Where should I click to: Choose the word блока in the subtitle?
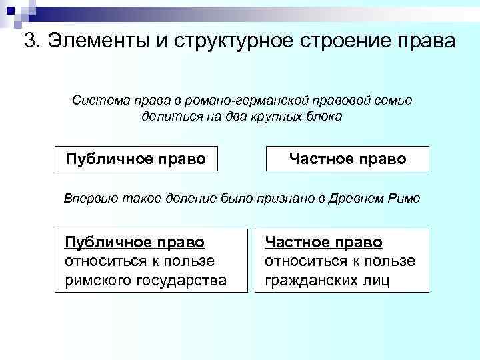coord(322,116)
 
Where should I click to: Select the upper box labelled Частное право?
coord(347,159)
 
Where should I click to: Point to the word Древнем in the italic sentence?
coord(355,199)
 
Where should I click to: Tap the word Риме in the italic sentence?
coord(402,199)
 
